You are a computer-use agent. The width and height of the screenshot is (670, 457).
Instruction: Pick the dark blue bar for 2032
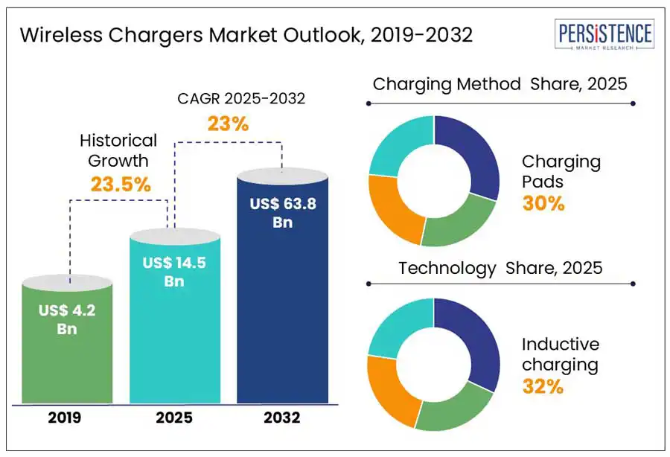click(282, 313)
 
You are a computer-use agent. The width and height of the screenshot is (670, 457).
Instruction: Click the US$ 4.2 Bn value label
click(68, 319)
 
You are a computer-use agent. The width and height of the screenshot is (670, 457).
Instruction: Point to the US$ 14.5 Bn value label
click(175, 272)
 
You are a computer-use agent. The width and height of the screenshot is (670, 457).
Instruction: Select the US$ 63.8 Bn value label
click(282, 213)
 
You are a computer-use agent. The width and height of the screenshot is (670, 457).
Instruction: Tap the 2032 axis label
click(282, 418)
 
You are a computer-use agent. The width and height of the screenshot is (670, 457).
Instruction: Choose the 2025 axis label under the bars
click(175, 418)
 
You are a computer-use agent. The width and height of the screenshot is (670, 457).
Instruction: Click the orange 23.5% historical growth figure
click(121, 183)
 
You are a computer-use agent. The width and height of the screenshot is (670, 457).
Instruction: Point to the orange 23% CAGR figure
click(228, 123)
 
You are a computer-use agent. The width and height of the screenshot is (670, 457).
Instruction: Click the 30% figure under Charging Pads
click(543, 202)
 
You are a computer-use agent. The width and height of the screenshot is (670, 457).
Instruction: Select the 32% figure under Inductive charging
click(543, 386)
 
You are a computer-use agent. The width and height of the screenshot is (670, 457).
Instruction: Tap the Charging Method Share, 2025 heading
click(500, 84)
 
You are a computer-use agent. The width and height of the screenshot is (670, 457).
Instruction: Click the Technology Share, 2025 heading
click(500, 268)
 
